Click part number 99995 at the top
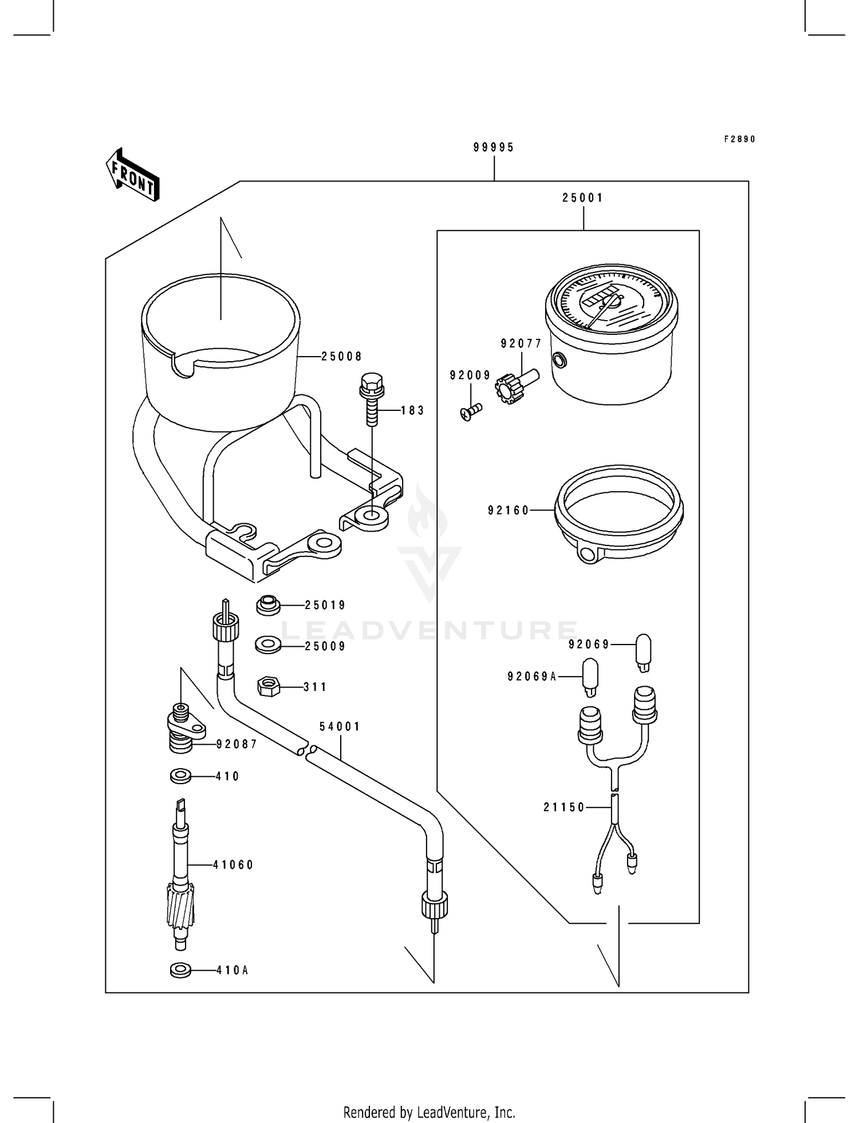pyautogui.click(x=494, y=148)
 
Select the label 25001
pyautogui.click(x=582, y=198)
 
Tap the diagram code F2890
pyautogui.click(x=739, y=139)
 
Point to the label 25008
pyautogui.click(x=341, y=357)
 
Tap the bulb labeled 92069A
pyautogui.click(x=590, y=676)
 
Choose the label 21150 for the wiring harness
pyautogui.click(x=564, y=808)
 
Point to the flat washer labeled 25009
pyautogui.click(x=267, y=645)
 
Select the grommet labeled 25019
pyautogui.click(x=267, y=605)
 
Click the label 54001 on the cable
pyautogui.click(x=340, y=726)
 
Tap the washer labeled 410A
pyautogui.click(x=181, y=970)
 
